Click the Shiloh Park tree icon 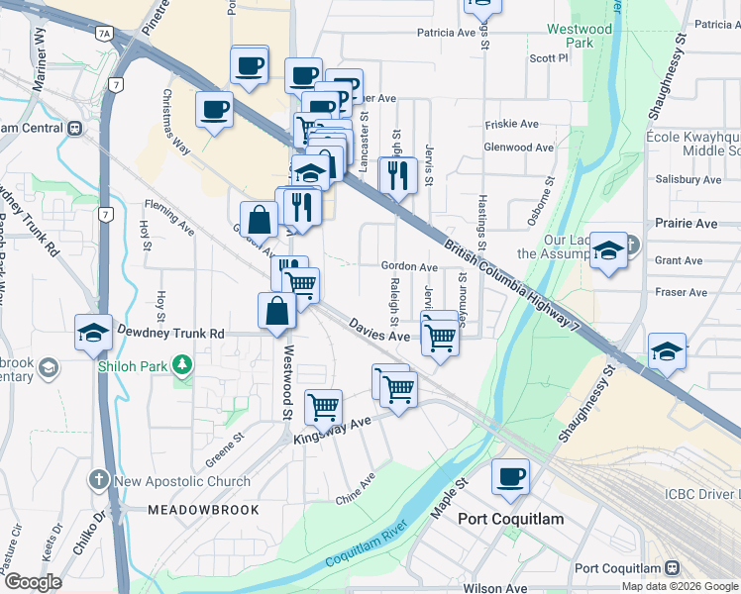click(x=182, y=366)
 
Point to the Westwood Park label click(x=580, y=37)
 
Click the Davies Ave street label click(x=378, y=331)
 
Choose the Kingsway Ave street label click(x=331, y=431)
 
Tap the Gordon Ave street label click(x=410, y=267)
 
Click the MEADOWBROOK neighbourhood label click(x=203, y=510)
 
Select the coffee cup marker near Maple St click(x=510, y=477)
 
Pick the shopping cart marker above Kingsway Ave click(x=323, y=405)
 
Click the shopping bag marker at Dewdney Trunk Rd click(x=276, y=311)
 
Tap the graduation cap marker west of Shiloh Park click(x=93, y=333)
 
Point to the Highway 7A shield click(x=104, y=34)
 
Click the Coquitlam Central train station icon click(x=74, y=129)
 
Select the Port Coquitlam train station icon click(x=672, y=568)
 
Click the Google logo click(x=33, y=582)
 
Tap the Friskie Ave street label click(x=511, y=125)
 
